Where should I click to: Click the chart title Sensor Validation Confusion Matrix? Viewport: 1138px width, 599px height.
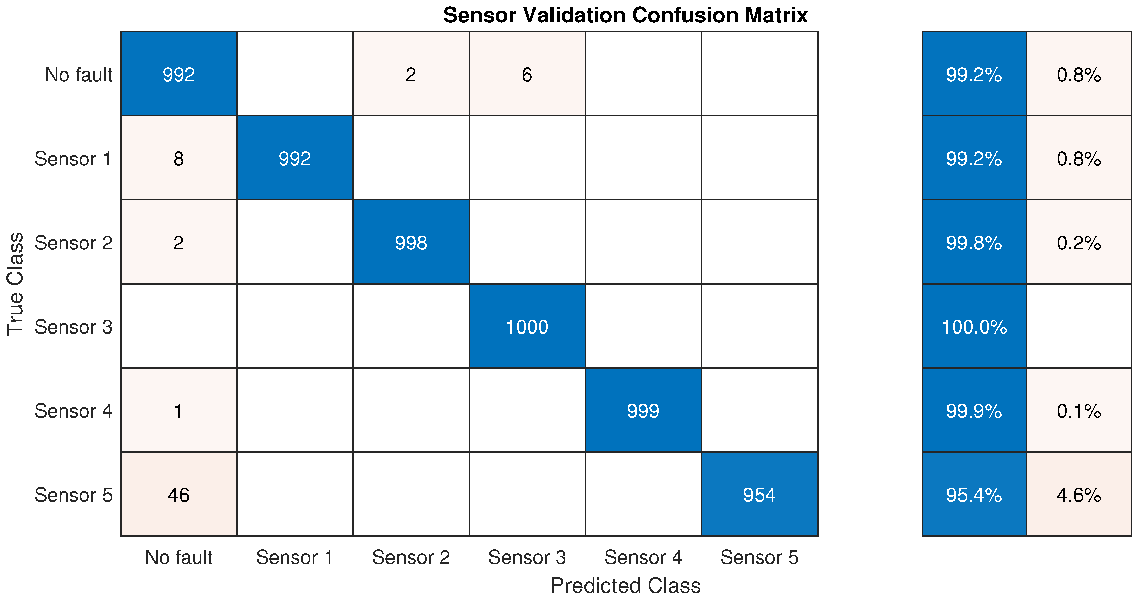[x=625, y=15]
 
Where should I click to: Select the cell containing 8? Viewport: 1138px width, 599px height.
[x=179, y=159]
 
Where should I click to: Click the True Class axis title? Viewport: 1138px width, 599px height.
[x=15, y=284]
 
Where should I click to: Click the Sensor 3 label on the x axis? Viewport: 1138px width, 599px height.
[x=527, y=557]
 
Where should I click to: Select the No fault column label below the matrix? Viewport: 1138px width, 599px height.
[x=179, y=557]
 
